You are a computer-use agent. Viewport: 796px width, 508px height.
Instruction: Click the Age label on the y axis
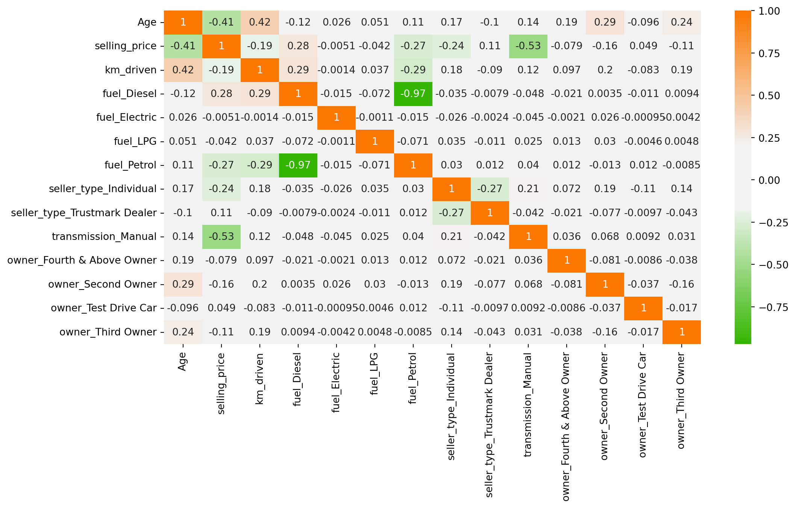click(x=147, y=23)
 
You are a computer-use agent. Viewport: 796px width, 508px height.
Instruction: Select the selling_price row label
click(x=125, y=46)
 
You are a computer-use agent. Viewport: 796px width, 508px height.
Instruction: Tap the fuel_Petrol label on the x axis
click(x=413, y=378)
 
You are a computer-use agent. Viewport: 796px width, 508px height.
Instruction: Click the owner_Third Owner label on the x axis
click(x=681, y=400)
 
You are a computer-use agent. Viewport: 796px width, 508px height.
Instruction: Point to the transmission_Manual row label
click(x=104, y=237)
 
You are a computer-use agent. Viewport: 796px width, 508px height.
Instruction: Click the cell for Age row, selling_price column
click(x=221, y=23)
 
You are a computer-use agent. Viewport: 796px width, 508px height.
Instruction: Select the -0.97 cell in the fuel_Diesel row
click(x=413, y=94)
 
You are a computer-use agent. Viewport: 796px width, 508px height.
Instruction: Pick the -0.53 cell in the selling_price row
click(x=528, y=46)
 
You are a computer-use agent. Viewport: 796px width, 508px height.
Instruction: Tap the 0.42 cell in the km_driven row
click(x=183, y=70)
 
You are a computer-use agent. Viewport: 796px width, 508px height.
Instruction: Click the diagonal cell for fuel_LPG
click(x=375, y=141)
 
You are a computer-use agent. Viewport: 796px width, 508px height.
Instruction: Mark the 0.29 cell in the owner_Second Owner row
click(x=183, y=284)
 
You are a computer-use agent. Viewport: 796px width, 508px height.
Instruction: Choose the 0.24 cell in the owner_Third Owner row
click(x=183, y=332)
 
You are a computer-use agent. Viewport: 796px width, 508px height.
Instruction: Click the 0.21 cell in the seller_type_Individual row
click(x=528, y=189)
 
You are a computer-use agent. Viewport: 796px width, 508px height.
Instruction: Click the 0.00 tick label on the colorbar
click(x=769, y=180)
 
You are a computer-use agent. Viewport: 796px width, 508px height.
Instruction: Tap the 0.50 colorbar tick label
click(x=769, y=96)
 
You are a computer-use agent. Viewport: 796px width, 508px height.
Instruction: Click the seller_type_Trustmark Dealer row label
click(x=84, y=213)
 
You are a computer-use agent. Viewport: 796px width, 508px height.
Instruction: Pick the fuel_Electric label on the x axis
click(x=336, y=382)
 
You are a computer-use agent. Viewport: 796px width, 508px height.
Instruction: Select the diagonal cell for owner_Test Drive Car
click(x=643, y=308)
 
